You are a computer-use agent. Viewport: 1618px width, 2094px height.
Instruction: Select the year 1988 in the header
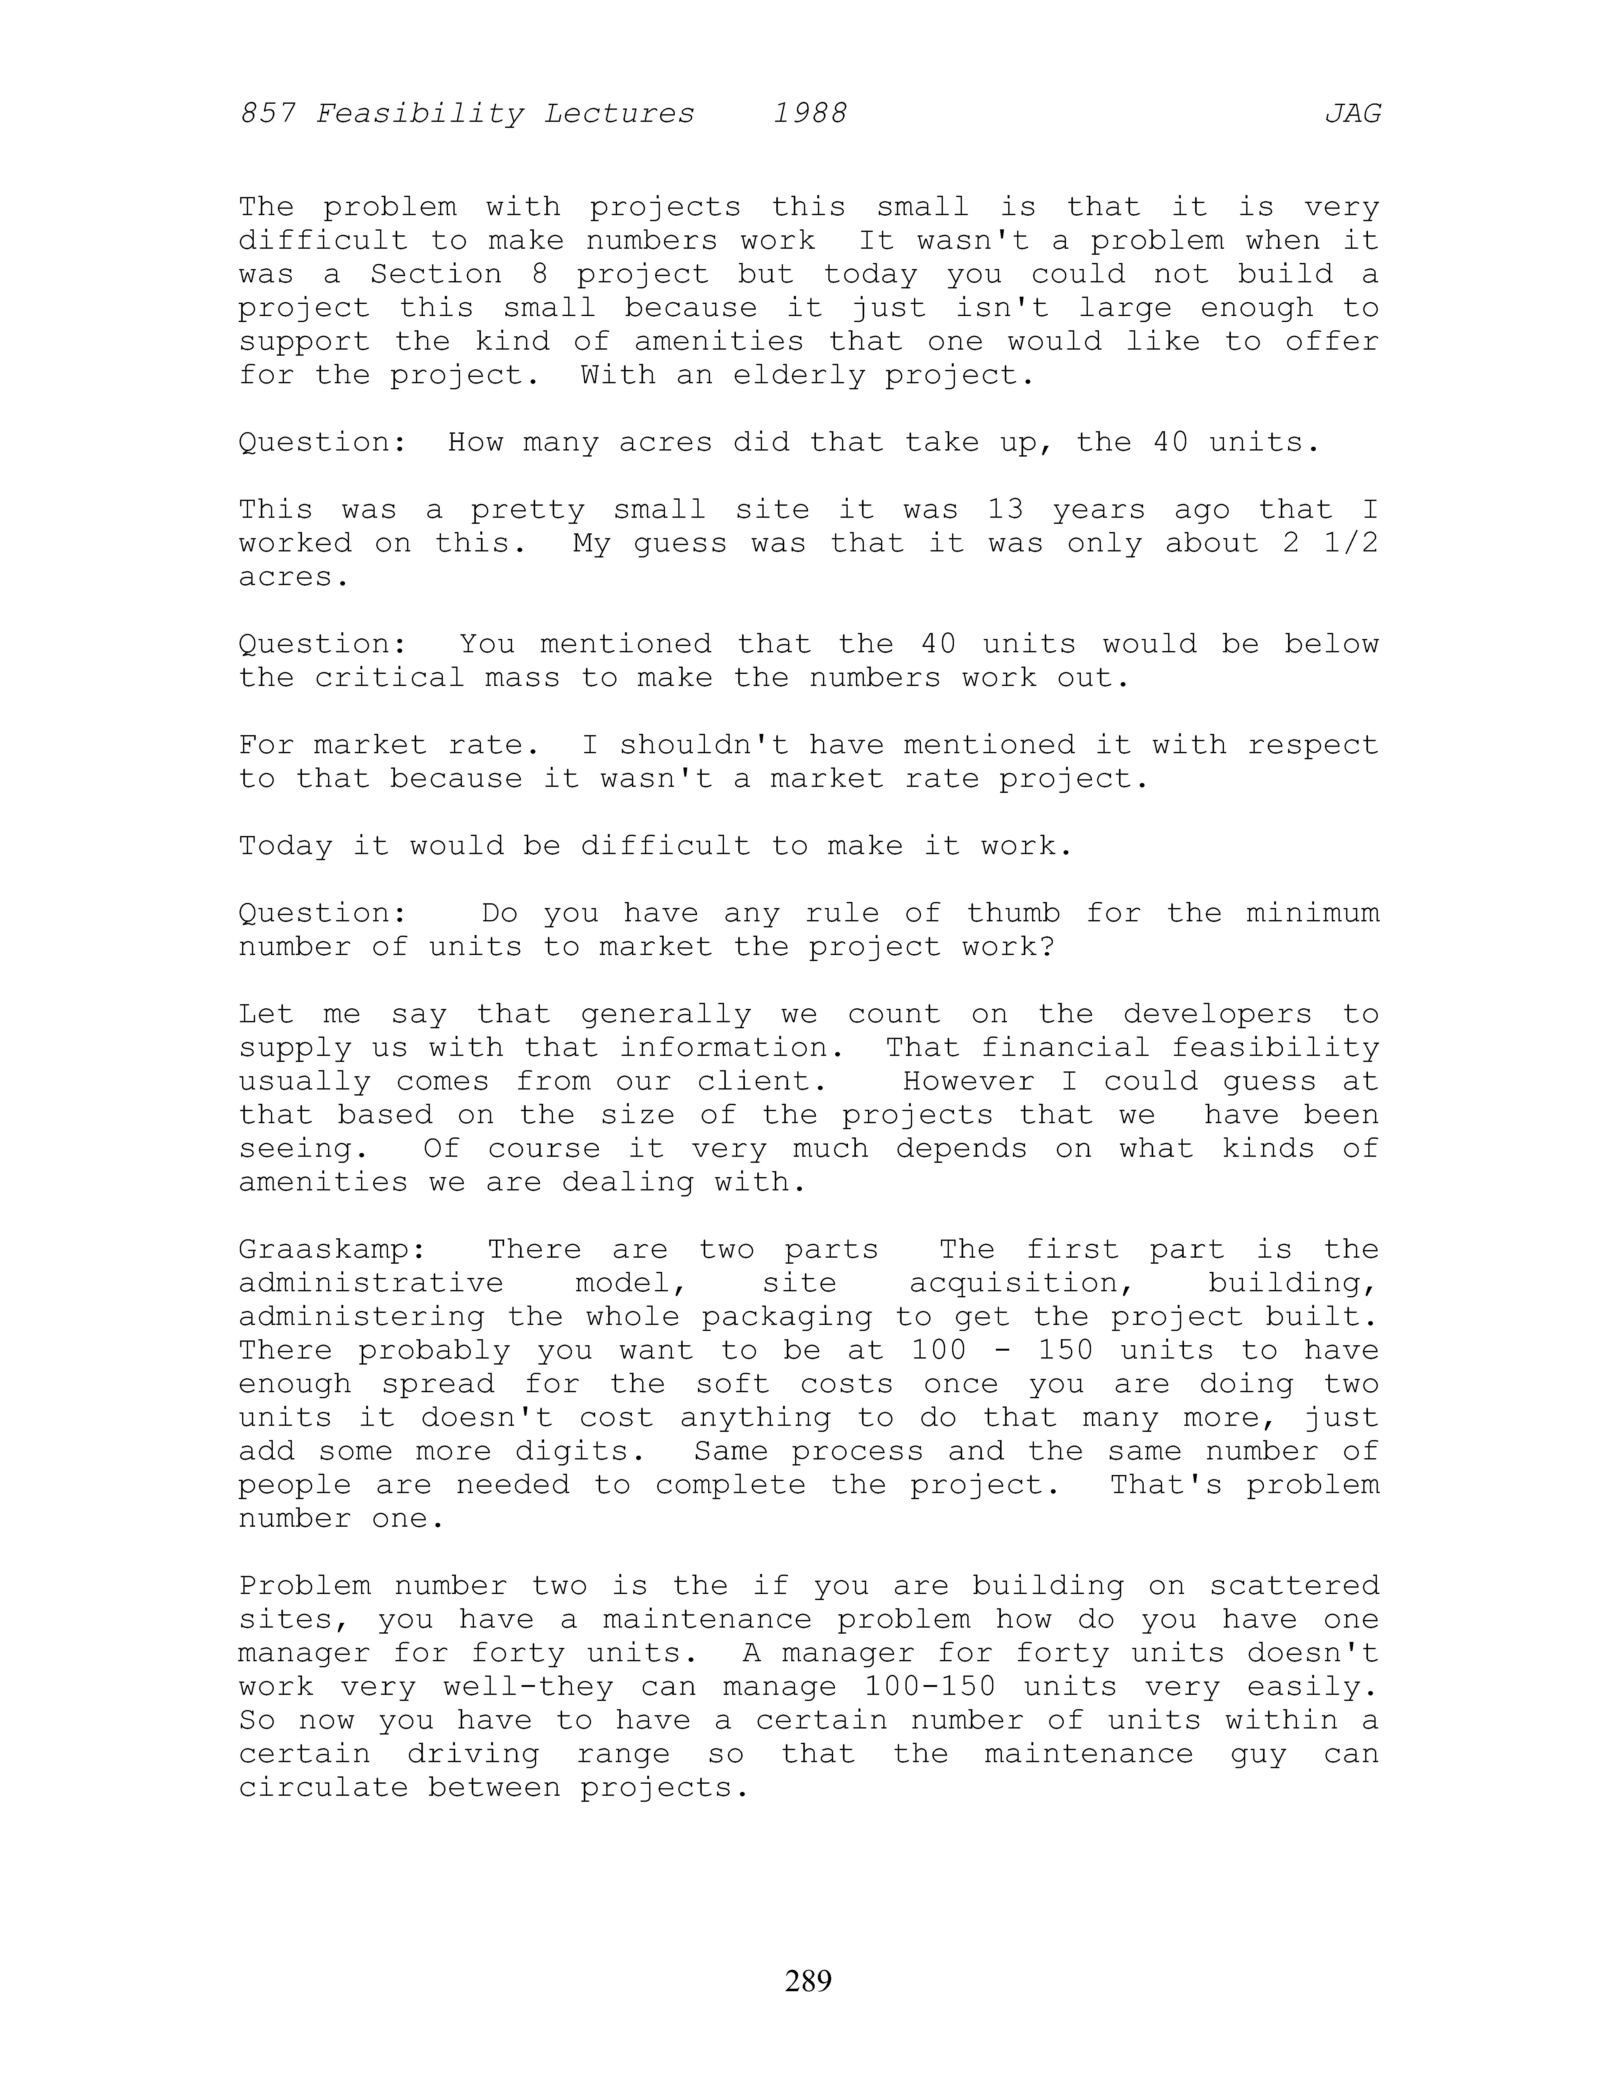coord(810,114)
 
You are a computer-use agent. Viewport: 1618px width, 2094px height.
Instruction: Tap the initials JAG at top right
coord(1352,114)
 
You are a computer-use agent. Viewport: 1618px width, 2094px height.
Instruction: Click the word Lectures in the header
coord(619,114)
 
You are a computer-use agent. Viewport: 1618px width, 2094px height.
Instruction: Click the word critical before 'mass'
coord(389,678)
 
